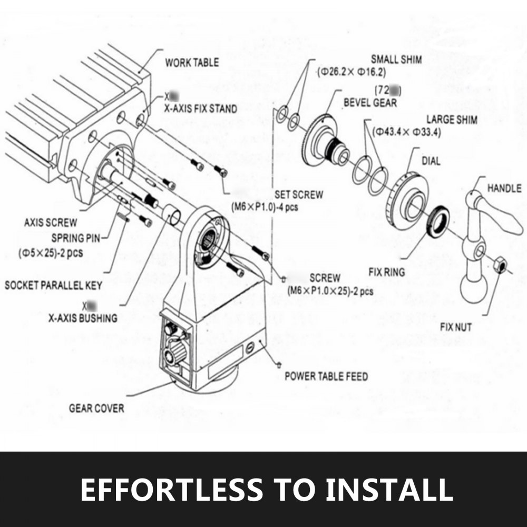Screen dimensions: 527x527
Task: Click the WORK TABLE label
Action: (x=191, y=63)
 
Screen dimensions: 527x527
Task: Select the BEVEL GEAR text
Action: (x=370, y=102)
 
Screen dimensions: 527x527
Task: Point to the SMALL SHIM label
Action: (x=396, y=60)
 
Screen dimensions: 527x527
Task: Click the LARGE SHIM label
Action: (x=452, y=120)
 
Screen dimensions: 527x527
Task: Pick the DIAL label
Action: (x=431, y=161)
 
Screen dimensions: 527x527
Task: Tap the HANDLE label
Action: (x=504, y=188)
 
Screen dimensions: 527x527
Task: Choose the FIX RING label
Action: (x=387, y=272)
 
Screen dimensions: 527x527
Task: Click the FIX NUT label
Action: (x=456, y=327)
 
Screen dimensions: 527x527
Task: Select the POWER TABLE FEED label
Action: (x=326, y=376)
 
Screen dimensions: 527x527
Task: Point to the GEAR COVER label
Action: (x=96, y=408)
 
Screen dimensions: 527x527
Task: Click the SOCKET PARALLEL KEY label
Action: (x=53, y=286)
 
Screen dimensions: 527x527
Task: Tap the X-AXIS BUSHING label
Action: (x=83, y=318)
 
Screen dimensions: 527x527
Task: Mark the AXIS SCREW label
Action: (x=50, y=222)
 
